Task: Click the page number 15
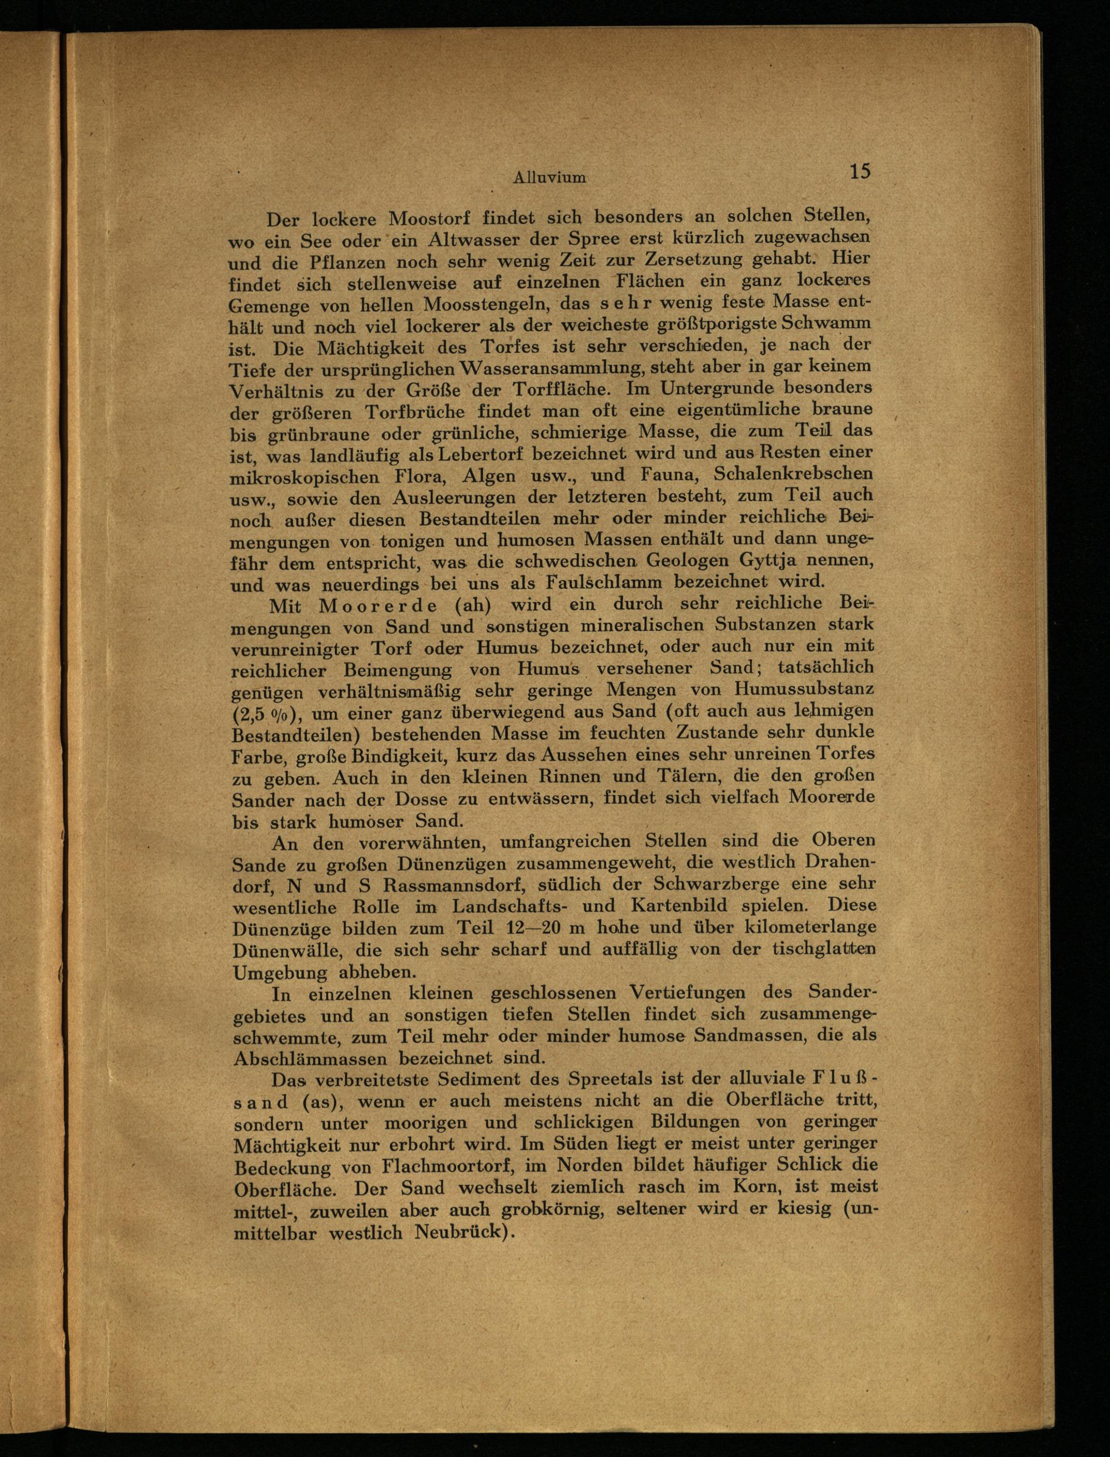point(860,172)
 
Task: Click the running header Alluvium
point(549,177)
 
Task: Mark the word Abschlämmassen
point(311,1058)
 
